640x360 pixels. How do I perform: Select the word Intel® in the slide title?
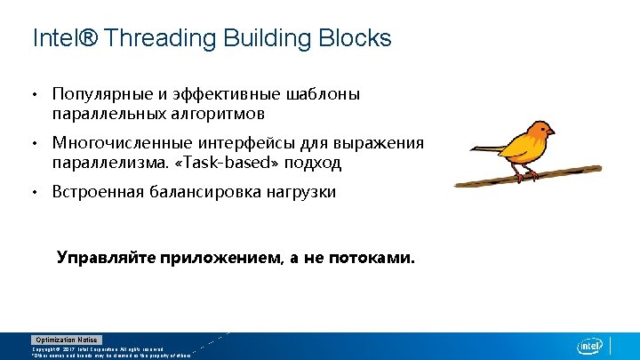tap(64, 39)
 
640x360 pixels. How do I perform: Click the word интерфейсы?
tap(237, 143)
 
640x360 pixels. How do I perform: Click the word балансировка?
tap(211, 192)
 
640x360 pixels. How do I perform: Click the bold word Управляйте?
tap(106, 258)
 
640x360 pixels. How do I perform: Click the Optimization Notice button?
tap(68, 340)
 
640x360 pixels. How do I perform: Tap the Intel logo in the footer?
tap(590, 346)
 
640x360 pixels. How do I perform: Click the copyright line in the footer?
tap(98, 349)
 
